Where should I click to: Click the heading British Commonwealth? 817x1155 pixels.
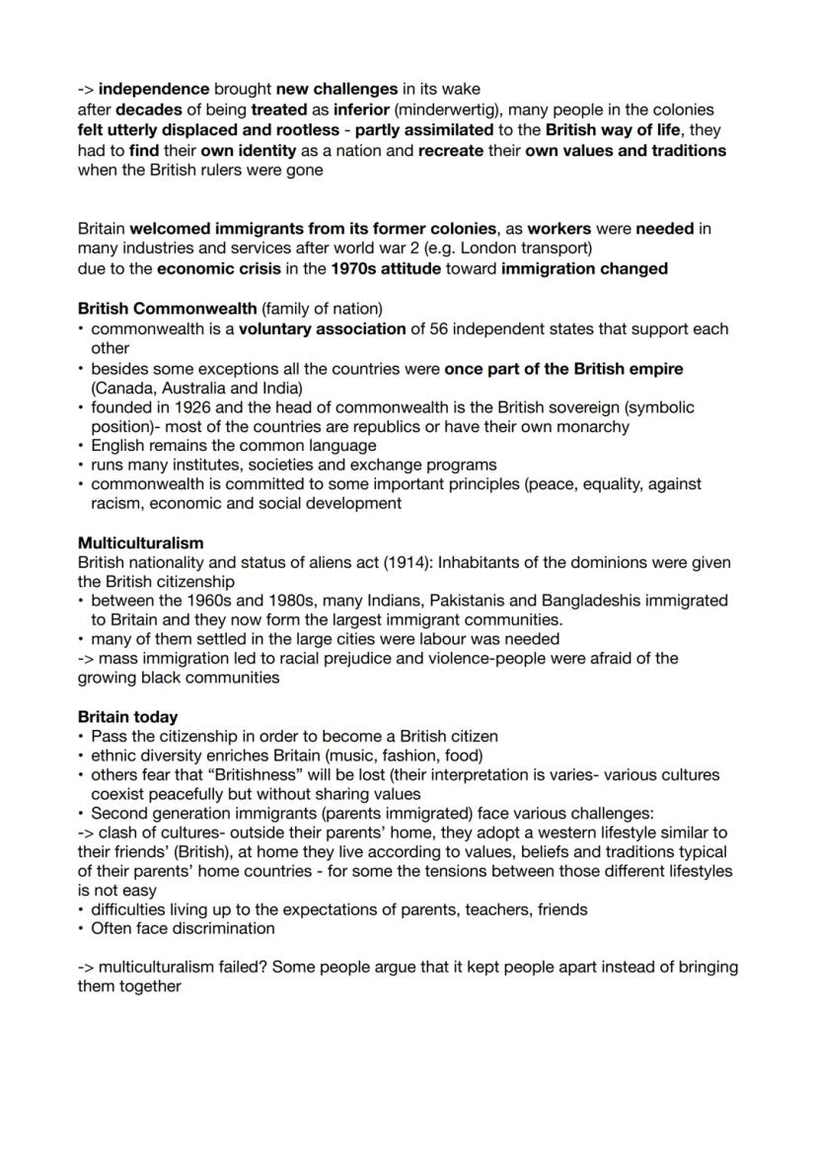click(160, 309)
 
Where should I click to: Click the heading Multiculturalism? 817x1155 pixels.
click(140, 542)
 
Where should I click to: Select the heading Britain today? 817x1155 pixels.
click(127, 716)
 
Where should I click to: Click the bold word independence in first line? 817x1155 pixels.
click(154, 91)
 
